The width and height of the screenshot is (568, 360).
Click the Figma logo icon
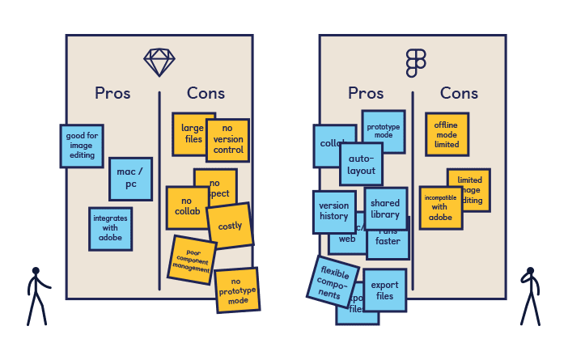click(x=416, y=62)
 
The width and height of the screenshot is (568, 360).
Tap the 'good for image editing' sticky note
click(x=81, y=146)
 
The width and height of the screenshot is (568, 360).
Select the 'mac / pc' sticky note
click(x=130, y=179)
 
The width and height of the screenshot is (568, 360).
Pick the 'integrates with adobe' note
click(x=110, y=228)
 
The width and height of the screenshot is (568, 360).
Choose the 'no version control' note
click(x=227, y=140)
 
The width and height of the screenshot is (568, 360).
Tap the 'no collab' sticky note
click(x=186, y=208)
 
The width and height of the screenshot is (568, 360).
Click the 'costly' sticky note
click(x=230, y=226)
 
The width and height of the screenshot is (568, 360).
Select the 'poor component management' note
click(x=193, y=259)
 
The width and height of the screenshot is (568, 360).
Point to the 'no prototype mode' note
click(x=237, y=290)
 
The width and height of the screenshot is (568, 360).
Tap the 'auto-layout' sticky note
click(x=361, y=164)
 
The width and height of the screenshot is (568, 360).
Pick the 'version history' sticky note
click(x=333, y=211)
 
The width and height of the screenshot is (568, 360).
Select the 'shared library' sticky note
click(x=385, y=209)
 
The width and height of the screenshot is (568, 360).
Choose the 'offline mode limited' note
click(x=447, y=134)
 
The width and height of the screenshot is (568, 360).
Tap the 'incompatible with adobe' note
click(x=439, y=208)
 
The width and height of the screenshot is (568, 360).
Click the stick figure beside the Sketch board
click(x=36, y=295)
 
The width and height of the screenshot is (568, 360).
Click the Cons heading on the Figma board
click(x=459, y=94)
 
